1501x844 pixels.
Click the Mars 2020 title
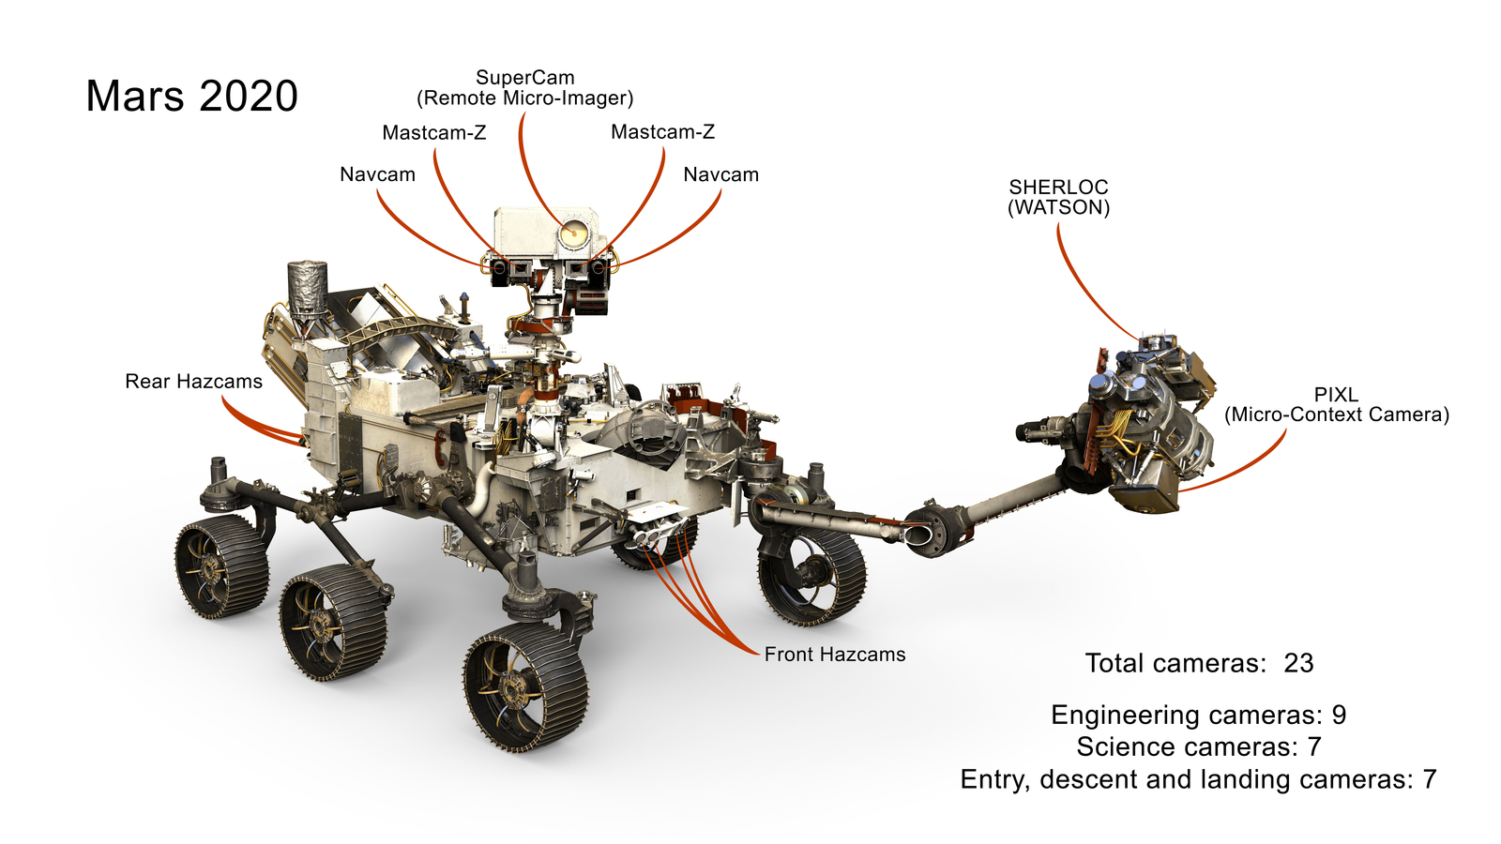191,97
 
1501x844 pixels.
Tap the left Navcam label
377,174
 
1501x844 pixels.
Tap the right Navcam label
720,174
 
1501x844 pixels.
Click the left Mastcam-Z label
433,132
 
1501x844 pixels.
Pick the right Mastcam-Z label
662,132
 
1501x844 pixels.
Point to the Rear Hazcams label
193,382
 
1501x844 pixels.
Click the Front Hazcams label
835,655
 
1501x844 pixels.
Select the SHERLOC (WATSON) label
1058,197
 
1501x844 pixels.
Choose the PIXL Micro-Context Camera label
1336,404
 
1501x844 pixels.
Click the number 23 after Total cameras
1298,664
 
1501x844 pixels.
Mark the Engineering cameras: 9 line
1198,716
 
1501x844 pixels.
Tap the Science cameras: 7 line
1198,747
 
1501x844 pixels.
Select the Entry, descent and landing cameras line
1198,779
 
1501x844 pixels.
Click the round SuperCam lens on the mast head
574,232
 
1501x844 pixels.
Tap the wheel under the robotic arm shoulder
811,574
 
